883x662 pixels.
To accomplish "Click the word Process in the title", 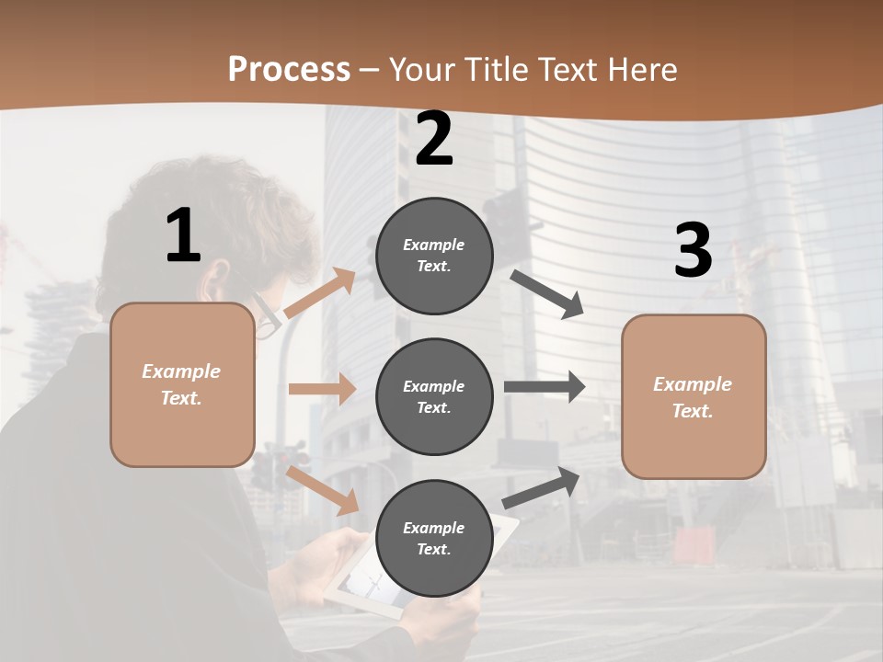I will tap(289, 69).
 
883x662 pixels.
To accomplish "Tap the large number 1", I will tap(183, 236).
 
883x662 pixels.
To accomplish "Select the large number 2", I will tap(434, 139).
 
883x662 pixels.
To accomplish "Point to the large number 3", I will tap(693, 250).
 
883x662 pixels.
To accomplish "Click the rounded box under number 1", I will tap(182, 384).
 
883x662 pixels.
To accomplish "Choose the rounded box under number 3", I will tap(694, 396).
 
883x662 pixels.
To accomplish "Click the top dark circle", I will tap(434, 256).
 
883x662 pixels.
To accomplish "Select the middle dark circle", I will tap(434, 396).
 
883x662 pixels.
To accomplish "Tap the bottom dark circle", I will tap(434, 538).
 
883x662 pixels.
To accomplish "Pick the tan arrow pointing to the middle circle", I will tap(322, 389).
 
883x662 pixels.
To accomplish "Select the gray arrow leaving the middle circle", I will tap(545, 387).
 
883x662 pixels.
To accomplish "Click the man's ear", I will tap(219, 280).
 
